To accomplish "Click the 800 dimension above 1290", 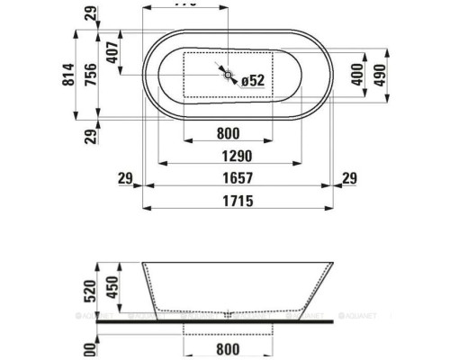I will [x=228, y=132].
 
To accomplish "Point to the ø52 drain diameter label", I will [x=254, y=81].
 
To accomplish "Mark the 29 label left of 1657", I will [x=126, y=178].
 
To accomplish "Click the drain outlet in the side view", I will [x=229, y=315].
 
